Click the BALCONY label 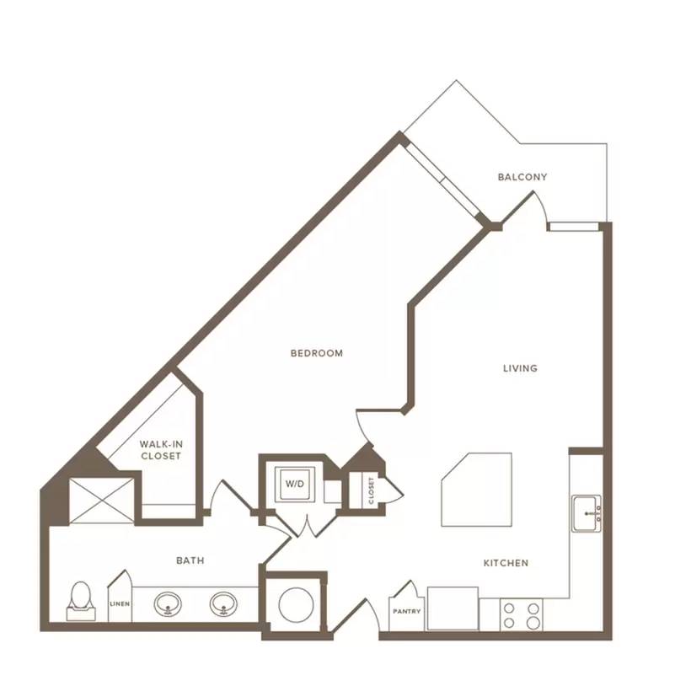point(522,177)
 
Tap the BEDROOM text point(317,353)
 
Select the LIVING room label point(520,368)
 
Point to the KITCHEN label point(506,563)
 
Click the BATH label point(190,560)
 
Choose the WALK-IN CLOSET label point(161,450)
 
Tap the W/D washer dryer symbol point(295,484)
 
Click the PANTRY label point(407,611)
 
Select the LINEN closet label point(120,603)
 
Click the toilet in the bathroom point(81,601)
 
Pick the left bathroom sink point(168,604)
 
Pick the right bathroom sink point(223,604)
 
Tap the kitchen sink point(587,513)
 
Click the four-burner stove point(521,614)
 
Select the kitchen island point(476,490)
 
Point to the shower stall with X point(101,501)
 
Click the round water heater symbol point(296,605)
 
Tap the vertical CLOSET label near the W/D point(372,490)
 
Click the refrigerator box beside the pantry point(453,608)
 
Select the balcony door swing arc point(544,206)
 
